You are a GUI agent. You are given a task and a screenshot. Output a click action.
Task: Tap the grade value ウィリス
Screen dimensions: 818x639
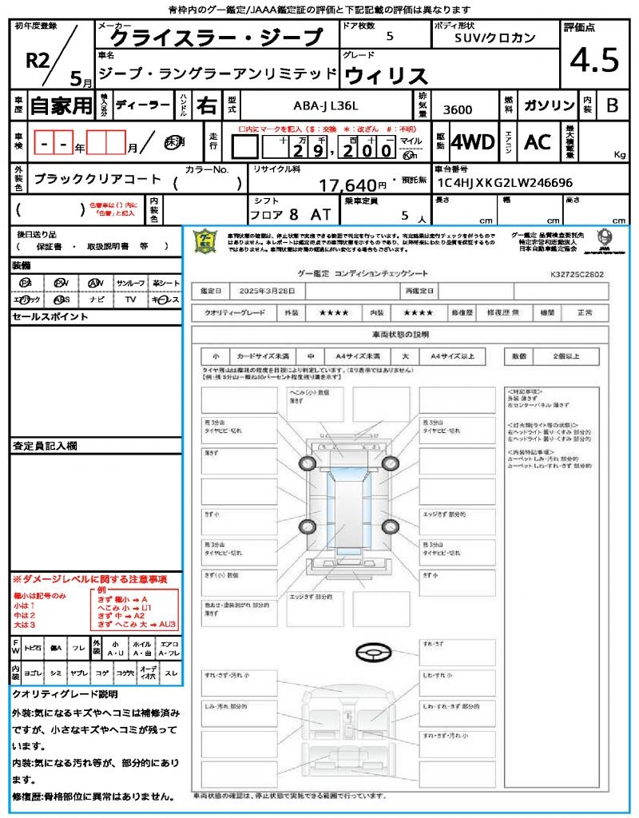(386, 75)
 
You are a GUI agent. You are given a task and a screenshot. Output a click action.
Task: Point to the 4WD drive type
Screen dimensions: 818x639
(473, 142)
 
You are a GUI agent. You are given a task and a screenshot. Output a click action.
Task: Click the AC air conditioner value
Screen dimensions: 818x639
(538, 142)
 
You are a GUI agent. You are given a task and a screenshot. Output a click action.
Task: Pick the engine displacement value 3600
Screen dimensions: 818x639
(457, 110)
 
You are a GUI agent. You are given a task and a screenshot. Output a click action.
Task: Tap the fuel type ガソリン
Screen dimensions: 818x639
(549, 106)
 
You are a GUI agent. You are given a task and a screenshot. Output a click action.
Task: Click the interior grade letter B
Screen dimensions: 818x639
(612, 105)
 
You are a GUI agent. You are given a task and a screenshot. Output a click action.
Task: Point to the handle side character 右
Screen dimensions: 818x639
(205, 105)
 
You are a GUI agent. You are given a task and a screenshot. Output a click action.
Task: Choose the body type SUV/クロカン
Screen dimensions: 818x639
(495, 38)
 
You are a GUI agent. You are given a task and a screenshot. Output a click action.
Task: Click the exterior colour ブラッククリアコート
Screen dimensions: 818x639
(97, 180)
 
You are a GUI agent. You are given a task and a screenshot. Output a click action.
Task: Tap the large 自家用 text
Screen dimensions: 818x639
(62, 105)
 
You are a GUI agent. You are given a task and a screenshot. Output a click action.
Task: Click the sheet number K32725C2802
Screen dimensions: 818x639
(577, 274)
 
